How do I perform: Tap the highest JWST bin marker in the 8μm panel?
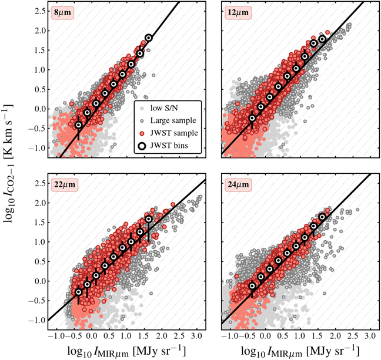point(148,38)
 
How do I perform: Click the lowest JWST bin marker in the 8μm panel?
point(79,125)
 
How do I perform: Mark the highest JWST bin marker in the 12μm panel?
point(322,40)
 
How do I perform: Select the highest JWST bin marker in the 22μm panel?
point(148,220)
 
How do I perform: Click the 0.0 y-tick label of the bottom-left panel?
point(39,281)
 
